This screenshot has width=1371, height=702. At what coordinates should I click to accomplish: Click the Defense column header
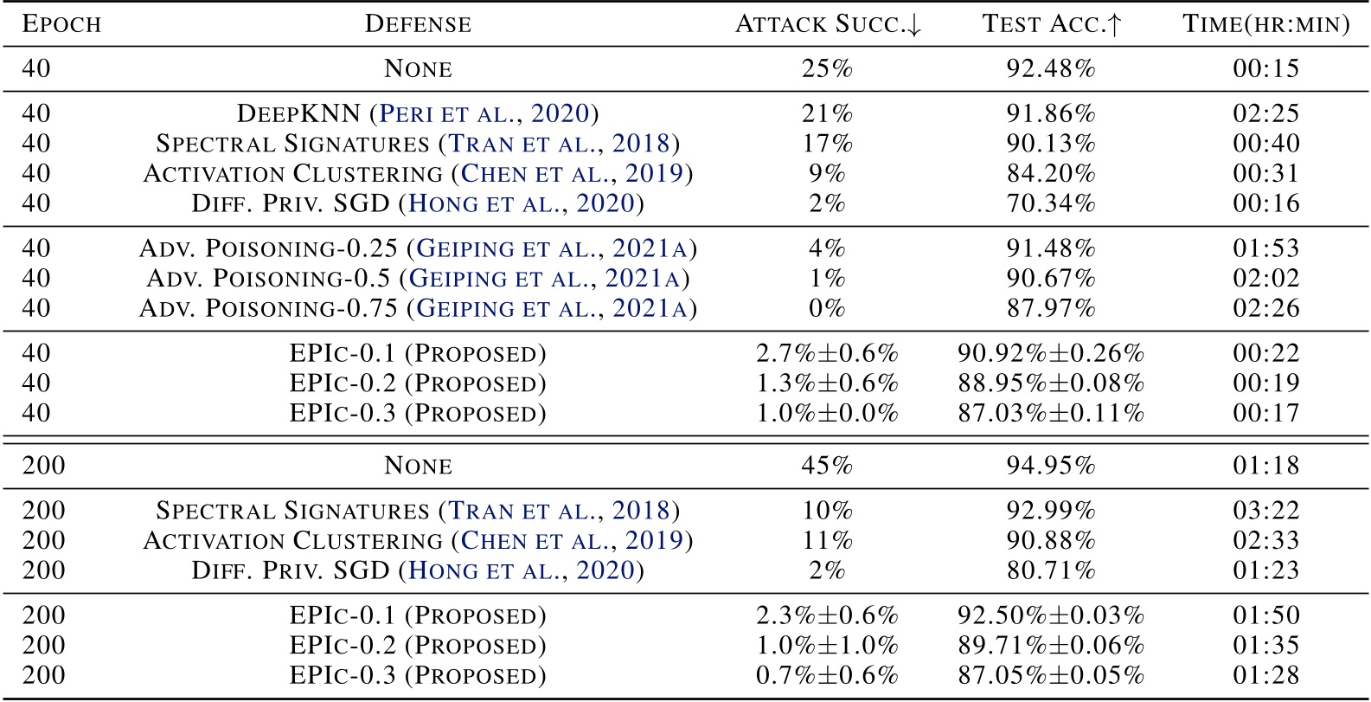(418, 24)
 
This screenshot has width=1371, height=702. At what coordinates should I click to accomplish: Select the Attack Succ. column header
(828, 24)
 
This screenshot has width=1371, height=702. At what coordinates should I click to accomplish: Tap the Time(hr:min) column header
(1265, 24)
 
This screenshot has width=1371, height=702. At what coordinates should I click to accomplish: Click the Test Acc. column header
(1051, 24)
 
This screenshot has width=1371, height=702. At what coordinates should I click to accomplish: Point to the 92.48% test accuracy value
(1051, 68)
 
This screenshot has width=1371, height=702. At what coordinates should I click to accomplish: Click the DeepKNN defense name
(418, 113)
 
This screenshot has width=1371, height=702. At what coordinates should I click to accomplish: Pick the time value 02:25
(1265, 113)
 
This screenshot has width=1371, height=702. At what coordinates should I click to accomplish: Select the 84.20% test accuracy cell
(1051, 173)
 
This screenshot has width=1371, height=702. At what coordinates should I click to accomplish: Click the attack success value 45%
(828, 466)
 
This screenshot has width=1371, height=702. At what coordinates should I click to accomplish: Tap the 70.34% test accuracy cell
(1051, 203)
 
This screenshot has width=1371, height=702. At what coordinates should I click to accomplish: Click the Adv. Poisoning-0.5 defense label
(418, 279)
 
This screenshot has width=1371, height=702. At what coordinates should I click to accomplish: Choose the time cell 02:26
(1265, 308)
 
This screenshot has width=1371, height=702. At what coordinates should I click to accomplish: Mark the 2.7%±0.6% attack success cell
(828, 353)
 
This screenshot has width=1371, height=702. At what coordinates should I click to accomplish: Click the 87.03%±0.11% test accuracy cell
(1051, 413)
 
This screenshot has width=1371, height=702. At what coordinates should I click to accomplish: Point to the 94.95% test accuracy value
(1051, 466)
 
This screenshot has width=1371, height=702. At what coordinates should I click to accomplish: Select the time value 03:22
(1265, 511)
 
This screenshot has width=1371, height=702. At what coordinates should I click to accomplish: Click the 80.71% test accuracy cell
(1051, 570)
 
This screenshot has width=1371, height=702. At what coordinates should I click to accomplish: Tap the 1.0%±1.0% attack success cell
(828, 646)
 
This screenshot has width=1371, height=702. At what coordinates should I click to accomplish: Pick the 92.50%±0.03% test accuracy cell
(1051, 615)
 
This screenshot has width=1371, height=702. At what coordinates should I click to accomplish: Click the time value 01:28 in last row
(1265, 675)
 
